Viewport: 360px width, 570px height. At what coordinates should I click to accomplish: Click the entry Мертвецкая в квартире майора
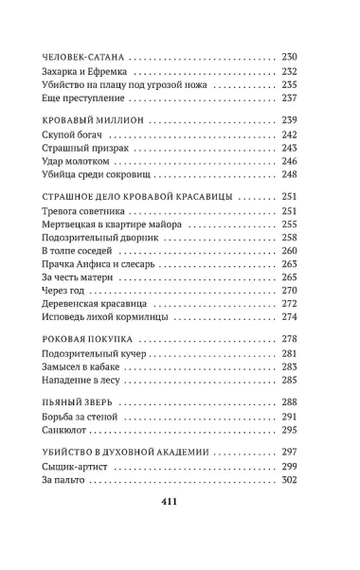click(110, 224)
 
